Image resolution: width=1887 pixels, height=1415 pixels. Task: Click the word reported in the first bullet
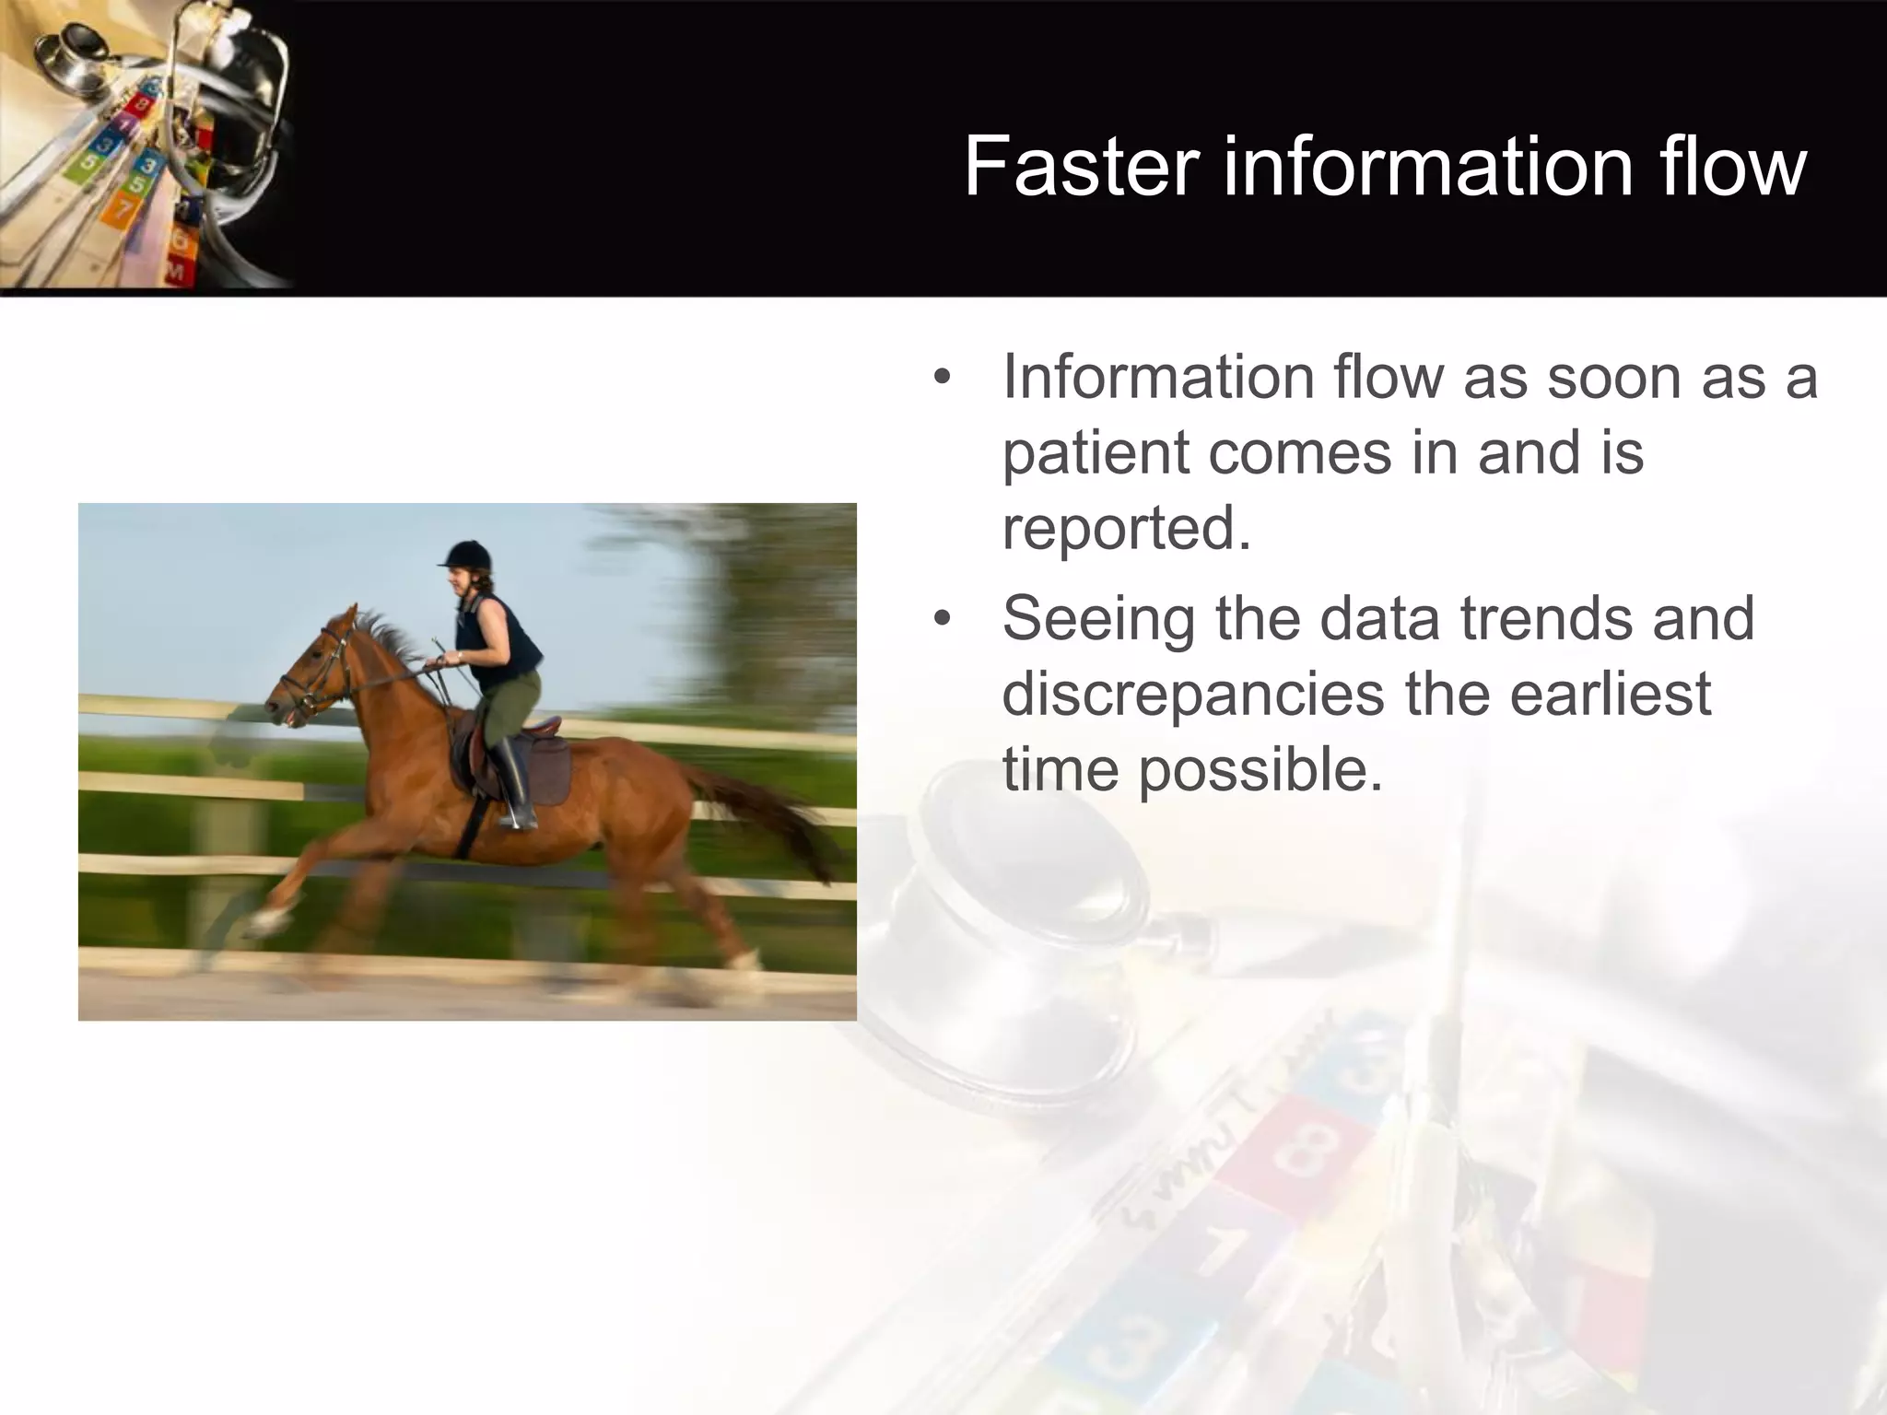tap(1125, 529)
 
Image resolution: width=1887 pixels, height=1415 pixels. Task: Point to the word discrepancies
tap(1192, 694)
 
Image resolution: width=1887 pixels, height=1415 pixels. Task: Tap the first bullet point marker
tap(941, 379)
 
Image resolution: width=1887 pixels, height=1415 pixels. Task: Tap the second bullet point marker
tap(941, 619)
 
